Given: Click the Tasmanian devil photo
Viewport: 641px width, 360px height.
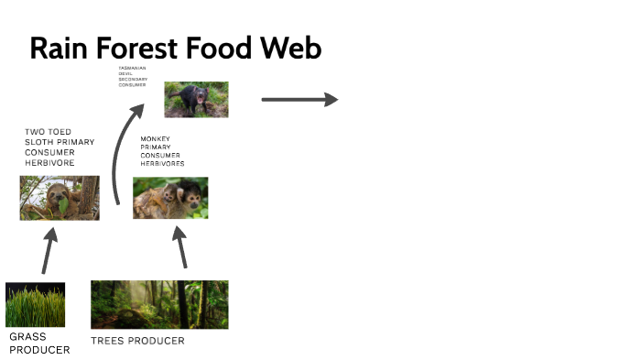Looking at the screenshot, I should (x=196, y=100).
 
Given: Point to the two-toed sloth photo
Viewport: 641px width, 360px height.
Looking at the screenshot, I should (x=60, y=198).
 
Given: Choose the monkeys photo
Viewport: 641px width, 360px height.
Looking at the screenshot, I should (x=170, y=198).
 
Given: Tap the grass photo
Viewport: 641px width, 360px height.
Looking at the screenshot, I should (x=35, y=305).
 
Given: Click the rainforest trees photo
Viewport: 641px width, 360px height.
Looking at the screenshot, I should (x=159, y=305).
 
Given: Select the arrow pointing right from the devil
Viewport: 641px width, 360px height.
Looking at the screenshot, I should (x=299, y=99).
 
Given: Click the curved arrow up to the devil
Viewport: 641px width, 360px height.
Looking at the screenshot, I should (x=121, y=156).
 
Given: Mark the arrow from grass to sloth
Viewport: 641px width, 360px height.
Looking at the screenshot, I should (x=48, y=248).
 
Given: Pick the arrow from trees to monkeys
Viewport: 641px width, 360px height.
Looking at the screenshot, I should (x=181, y=245).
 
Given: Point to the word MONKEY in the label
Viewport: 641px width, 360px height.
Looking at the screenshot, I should (x=156, y=138).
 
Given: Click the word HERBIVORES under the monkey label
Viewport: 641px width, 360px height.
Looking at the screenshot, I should (x=162, y=164).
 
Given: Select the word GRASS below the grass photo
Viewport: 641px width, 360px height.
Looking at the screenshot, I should (x=27, y=336).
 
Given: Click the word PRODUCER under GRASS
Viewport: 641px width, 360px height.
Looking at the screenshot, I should (x=38, y=349).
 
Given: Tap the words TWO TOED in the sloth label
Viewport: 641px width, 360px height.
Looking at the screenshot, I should (x=48, y=132).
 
